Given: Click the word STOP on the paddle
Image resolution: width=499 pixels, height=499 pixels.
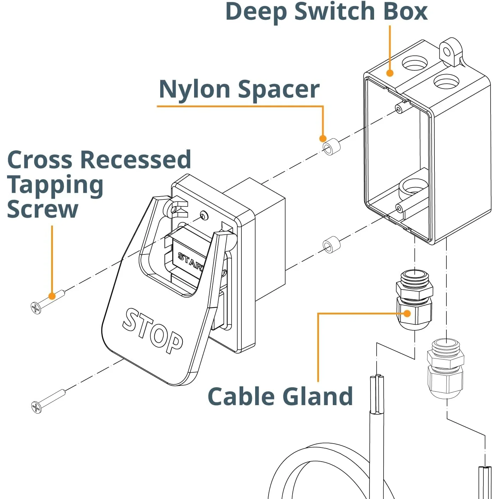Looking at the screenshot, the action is pos(152,331).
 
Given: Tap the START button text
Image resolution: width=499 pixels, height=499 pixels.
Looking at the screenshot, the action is pos(191,261).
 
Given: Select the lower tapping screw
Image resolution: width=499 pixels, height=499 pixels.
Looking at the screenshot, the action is pos(48,401).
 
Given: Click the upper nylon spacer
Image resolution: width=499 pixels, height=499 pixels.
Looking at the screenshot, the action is pos(331,147).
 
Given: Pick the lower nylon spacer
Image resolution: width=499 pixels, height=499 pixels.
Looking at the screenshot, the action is pos(331,245).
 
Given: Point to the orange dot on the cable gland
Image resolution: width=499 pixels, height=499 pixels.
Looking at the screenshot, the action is pos(407,314).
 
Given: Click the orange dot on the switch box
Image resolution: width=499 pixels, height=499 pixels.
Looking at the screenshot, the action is pos(390,73).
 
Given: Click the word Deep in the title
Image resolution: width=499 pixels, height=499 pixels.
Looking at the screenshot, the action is pos(256,12).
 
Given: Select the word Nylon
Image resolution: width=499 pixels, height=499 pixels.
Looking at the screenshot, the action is pos(194,89).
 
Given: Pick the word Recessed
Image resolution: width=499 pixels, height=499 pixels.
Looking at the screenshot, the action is pos(136,159).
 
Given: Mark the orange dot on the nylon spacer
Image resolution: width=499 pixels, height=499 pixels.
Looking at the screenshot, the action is pos(323,139).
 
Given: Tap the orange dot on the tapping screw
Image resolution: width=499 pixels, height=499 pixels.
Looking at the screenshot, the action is pos(52,296).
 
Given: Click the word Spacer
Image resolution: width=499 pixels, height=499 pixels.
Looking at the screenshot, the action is pos(279,89).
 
